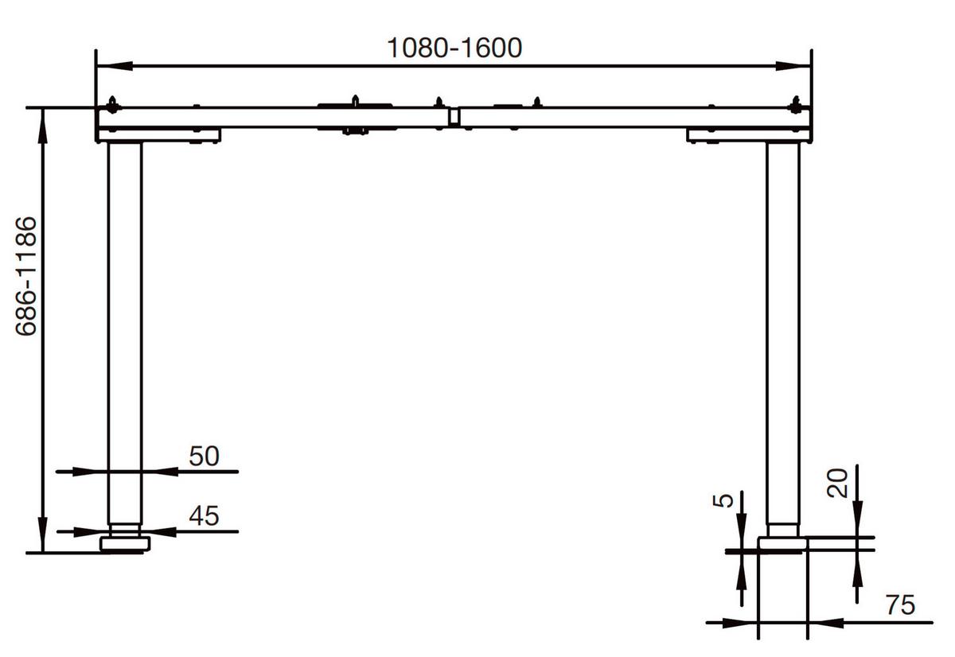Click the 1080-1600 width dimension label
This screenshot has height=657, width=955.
pos(454,48)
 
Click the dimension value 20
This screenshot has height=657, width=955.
pos(836,482)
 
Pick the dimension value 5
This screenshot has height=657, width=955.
pos(723,500)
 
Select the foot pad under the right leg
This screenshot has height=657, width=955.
pos(782,543)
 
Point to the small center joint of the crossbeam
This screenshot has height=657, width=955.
pos(454,117)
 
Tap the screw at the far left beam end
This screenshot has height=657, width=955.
pos(112,106)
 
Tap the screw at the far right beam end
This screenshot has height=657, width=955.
pos(794,106)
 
